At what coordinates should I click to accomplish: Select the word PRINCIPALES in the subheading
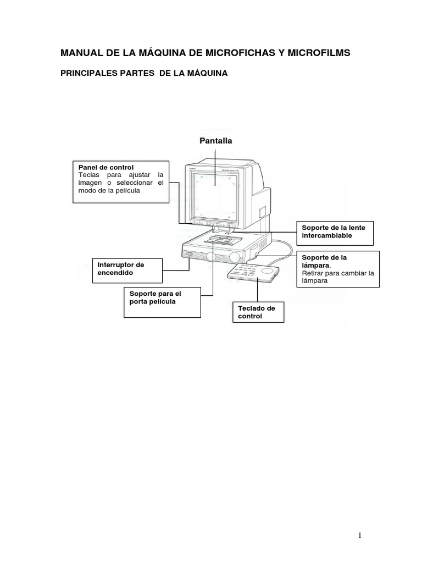(x=88, y=73)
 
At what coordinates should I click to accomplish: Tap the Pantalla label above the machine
(x=215, y=141)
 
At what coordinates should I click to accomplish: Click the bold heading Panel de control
(x=106, y=167)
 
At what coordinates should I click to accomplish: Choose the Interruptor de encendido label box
(x=126, y=269)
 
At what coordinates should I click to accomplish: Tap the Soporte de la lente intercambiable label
(x=334, y=231)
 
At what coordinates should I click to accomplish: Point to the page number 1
(x=359, y=536)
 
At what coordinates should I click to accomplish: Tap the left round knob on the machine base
(x=212, y=258)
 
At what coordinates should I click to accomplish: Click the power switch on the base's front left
(x=188, y=254)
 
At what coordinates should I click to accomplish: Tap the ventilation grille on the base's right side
(x=253, y=252)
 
